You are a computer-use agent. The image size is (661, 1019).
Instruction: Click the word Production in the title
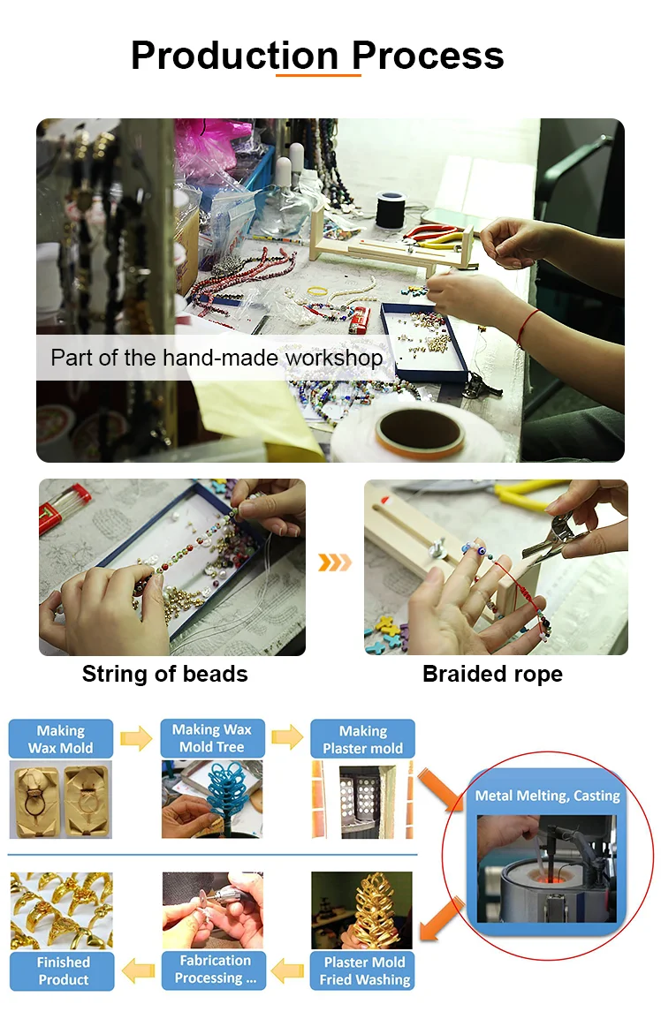[235, 56]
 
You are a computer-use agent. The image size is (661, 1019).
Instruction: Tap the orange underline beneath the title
[318, 75]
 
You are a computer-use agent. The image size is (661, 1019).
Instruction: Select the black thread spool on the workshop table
[391, 210]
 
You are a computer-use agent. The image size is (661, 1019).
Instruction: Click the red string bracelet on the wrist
[528, 327]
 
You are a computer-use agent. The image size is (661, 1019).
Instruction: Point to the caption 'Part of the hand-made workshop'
[217, 358]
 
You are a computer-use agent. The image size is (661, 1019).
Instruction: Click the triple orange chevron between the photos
[334, 562]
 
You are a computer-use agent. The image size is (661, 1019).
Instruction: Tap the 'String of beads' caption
[164, 674]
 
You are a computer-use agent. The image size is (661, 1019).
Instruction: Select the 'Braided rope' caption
[492, 674]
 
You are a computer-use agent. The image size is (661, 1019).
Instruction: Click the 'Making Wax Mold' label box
[60, 739]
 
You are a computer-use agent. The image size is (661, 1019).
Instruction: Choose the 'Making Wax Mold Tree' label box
[211, 738]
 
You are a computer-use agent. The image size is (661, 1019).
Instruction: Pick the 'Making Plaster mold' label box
[362, 739]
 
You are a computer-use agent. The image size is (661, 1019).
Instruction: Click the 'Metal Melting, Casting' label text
[547, 796]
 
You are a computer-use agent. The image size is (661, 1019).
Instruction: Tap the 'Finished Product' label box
[63, 971]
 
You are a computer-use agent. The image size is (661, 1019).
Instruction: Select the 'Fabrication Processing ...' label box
[214, 970]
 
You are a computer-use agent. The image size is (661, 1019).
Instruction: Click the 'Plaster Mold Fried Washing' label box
[364, 971]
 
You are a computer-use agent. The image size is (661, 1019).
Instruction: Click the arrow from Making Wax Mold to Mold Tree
[137, 738]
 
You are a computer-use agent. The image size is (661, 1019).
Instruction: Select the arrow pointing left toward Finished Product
[138, 971]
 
